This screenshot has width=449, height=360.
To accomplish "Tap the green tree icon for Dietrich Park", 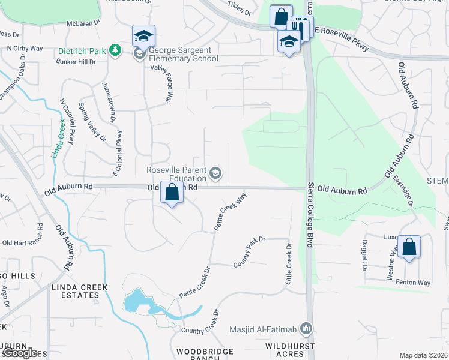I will pos(115,51).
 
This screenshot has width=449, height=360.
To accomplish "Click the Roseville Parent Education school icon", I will pos(215,174).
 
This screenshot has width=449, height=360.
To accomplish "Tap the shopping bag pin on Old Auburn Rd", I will pos(172,193).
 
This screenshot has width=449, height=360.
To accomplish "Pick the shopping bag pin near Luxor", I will pos(409,247).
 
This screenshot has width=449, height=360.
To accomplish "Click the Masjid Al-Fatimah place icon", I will pos(307,328).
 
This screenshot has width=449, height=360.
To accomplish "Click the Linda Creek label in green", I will pos(58,138).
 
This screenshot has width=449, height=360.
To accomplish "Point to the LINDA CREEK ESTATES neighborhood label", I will pos(74,291).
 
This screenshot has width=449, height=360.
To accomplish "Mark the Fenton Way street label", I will pos(416,282).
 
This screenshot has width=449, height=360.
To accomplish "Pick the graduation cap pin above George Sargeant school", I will pos(143,37).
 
